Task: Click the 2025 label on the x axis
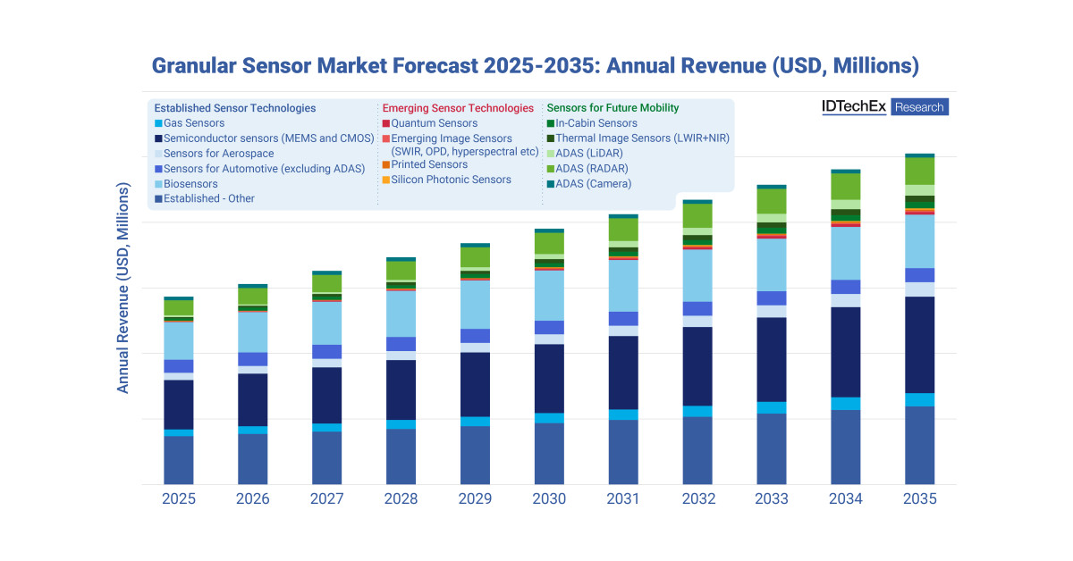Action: [179, 498]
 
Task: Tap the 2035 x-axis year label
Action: [920, 498]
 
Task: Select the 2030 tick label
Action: [549, 498]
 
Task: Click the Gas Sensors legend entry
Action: [193, 123]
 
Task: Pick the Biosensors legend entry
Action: [190, 183]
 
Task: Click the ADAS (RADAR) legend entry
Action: [591, 168]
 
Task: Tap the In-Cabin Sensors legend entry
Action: [596, 123]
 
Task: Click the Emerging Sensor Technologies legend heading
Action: [458, 108]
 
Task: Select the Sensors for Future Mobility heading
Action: [613, 108]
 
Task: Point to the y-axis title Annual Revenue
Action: [123, 288]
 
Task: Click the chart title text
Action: [536, 66]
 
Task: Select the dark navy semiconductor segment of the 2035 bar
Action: [920, 344]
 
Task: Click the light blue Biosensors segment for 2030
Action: [549, 295]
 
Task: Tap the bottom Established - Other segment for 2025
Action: [179, 459]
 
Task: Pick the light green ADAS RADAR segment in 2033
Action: [772, 201]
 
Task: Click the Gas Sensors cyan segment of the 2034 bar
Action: [846, 404]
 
